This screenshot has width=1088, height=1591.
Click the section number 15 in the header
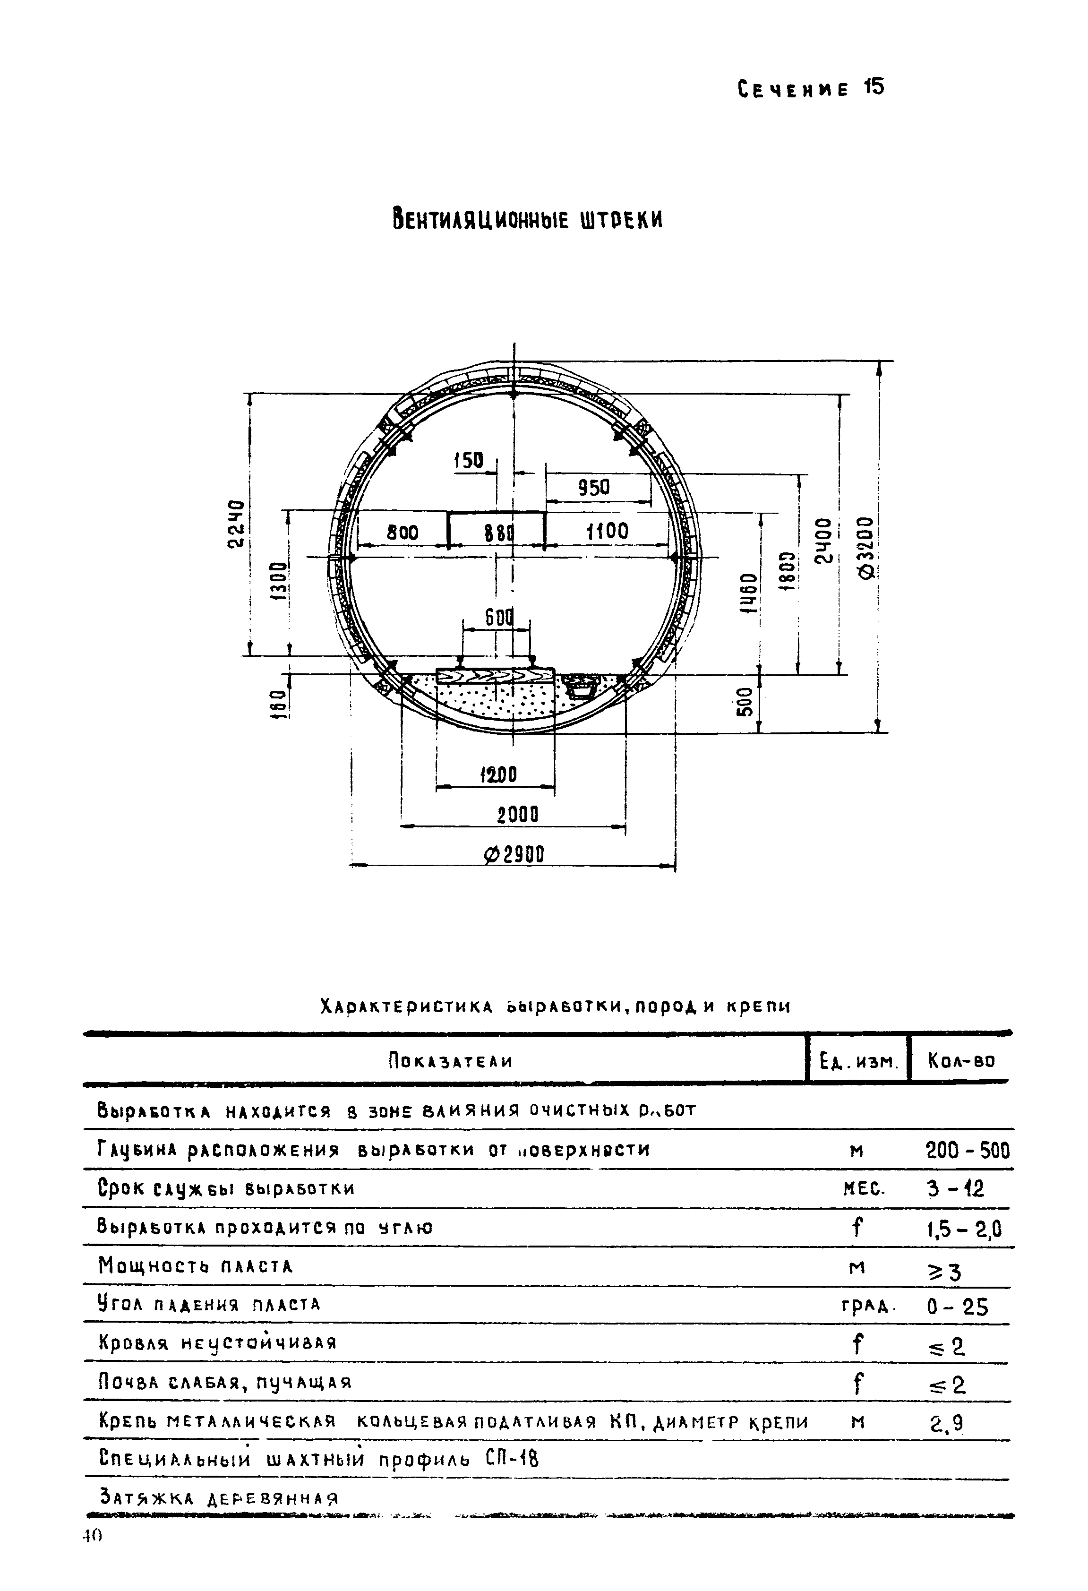pyautogui.click(x=874, y=87)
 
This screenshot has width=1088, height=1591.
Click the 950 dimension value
pyautogui.click(x=593, y=488)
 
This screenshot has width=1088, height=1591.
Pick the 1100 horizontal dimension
pyautogui.click(x=608, y=531)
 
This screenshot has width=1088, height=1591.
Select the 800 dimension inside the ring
pyautogui.click(x=403, y=533)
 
